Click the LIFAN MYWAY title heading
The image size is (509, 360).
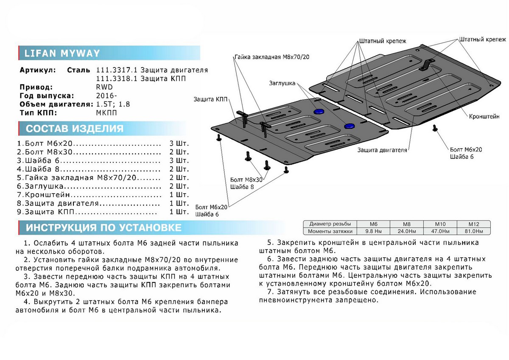pyautogui.click(x=62, y=53)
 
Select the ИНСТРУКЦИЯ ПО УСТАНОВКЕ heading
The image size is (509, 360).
pyautogui.click(x=103, y=228)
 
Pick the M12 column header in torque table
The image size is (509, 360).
pyautogui.click(x=473, y=224)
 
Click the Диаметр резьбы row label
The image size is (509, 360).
pyautogui.click(x=330, y=224)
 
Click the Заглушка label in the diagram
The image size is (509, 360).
pyautogui.click(x=282, y=84)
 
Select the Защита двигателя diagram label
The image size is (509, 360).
pyautogui.click(x=382, y=150)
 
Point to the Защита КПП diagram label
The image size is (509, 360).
pyautogui.click(x=210, y=99)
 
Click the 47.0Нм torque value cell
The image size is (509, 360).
pyautogui.click(x=440, y=231)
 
